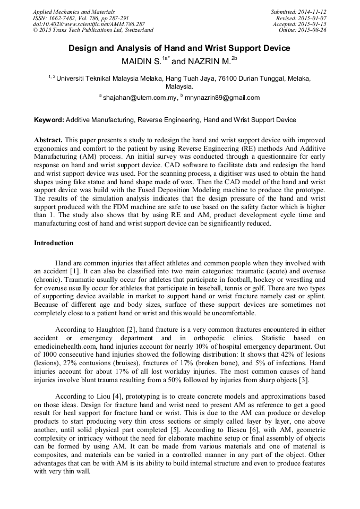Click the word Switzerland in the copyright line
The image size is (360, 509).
tap(137, 30)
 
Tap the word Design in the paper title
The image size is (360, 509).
tap(82, 48)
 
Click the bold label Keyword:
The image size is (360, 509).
tap(49, 120)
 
